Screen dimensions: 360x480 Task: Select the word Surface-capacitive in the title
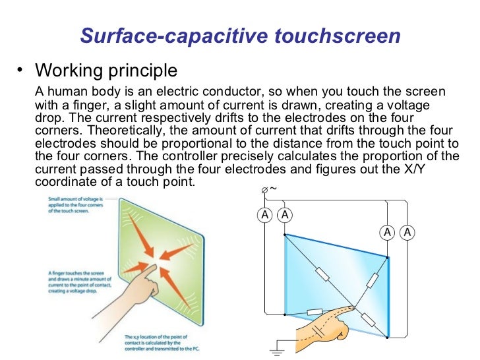tap(171, 36)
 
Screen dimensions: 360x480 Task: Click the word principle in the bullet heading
tap(145, 70)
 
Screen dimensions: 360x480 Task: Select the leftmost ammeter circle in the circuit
tap(264, 215)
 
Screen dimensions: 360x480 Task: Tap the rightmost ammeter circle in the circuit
tap(407, 232)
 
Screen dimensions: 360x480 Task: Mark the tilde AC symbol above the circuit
tap(273, 189)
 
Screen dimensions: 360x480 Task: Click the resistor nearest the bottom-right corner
tap(368, 320)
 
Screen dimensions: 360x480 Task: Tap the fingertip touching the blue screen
tap(351, 308)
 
